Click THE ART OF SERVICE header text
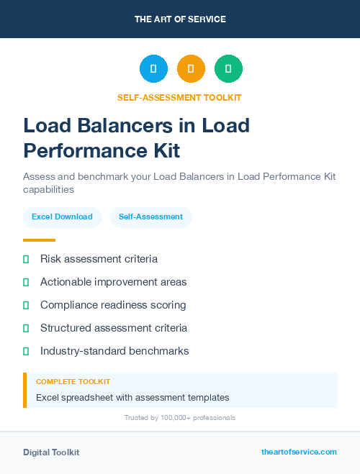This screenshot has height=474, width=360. tap(180, 19)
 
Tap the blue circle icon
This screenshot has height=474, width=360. tap(153, 69)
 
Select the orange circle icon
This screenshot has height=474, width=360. tap(191, 69)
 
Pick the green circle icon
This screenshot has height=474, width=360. tap(228, 69)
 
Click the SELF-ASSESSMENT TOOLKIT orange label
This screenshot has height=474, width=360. tap(179, 97)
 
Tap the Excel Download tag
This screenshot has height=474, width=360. tap(62, 217)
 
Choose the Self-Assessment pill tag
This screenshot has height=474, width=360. tap(150, 217)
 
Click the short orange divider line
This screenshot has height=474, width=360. tap(39, 240)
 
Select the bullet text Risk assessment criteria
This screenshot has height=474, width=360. tap(99, 259)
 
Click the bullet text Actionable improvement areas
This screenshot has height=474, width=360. tap(113, 282)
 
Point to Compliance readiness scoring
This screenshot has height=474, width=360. tap(113, 305)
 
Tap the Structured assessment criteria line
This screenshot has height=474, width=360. tap(114, 328)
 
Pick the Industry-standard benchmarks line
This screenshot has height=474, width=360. tap(114, 351)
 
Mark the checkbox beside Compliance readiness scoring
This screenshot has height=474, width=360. tap(26, 305)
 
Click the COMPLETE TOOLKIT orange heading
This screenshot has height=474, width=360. tap(73, 382)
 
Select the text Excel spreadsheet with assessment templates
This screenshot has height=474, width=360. tap(132, 397)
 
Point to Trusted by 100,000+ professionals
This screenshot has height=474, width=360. tap(179, 418)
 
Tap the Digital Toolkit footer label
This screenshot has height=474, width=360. tap(51, 452)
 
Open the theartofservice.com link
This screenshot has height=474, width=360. tap(299, 452)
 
